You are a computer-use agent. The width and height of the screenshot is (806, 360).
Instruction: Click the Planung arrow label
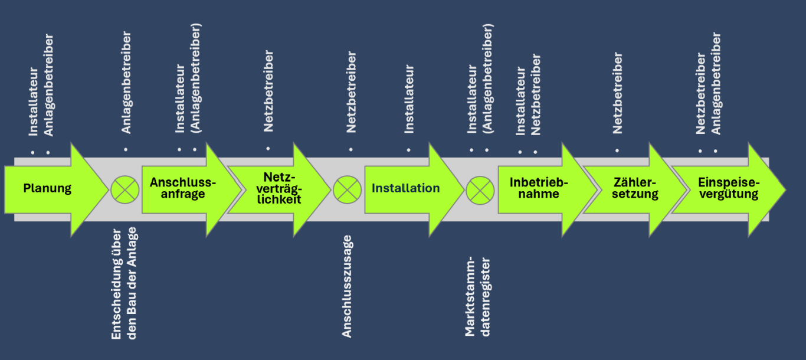pyautogui.click(x=47, y=189)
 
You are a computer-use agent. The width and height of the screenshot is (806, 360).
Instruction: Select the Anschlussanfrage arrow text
pyautogui.click(x=183, y=188)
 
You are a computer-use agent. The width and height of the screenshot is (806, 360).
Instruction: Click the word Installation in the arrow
pyautogui.click(x=405, y=188)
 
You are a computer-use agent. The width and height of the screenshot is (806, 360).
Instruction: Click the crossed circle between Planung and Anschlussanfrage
pyautogui.click(x=124, y=189)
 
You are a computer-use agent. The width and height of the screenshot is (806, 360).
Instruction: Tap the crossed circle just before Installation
pyautogui.click(x=347, y=189)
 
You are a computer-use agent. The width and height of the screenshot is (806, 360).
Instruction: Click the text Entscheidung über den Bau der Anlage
pyautogui.click(x=124, y=283)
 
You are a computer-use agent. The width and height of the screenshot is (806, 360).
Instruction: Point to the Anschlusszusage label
pyautogui.click(x=347, y=286)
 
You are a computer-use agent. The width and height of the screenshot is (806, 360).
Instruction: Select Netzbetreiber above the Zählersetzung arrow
pyautogui.click(x=617, y=93)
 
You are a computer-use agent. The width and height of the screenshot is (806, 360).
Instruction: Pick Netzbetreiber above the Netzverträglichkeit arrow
pyautogui.click(x=268, y=91)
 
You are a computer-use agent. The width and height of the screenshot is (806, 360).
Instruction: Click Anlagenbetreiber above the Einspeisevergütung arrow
pyautogui.click(x=716, y=84)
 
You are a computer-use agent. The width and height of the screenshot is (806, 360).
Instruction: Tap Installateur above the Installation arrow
pyautogui.click(x=408, y=99)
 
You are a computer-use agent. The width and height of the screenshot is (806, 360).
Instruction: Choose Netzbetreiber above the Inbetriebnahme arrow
pyautogui.click(x=536, y=95)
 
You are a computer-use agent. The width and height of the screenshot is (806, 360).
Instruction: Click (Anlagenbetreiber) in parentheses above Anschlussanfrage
pyautogui.click(x=196, y=77)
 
